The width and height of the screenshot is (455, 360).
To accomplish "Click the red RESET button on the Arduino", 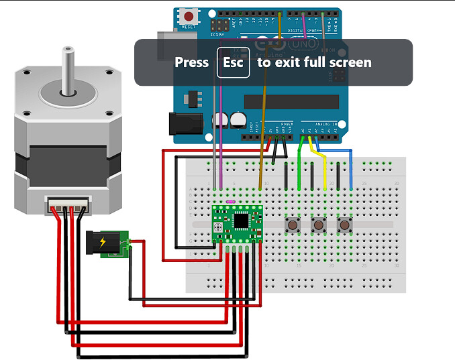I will [x=190, y=16].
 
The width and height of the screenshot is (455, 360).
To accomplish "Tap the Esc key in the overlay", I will [x=233, y=62].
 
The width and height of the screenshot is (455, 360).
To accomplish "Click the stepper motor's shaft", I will [x=67, y=67].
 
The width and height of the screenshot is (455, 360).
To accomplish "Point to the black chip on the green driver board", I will [x=240, y=220].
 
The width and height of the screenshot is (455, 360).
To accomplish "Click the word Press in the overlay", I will [x=192, y=62].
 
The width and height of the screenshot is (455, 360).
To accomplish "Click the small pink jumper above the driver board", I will [x=230, y=200].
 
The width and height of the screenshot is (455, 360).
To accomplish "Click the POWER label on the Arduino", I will [x=287, y=123].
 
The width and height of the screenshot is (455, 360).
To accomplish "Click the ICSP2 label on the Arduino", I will [x=217, y=34].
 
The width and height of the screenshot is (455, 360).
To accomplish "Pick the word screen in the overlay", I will [x=348, y=62].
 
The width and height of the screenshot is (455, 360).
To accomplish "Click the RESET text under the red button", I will [x=190, y=27].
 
